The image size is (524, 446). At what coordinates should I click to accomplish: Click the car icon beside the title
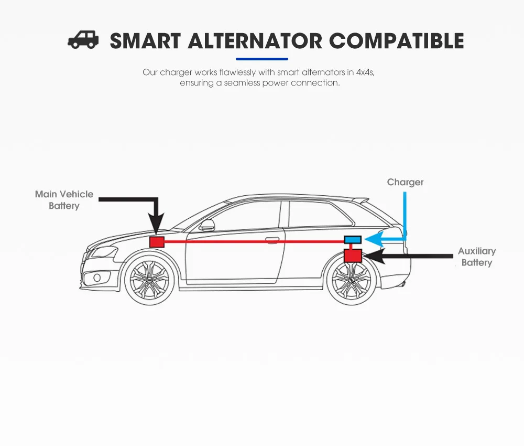[83, 40]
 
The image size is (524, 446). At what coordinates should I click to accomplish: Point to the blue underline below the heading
[261, 59]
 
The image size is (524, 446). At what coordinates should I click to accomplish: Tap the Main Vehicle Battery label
[64, 200]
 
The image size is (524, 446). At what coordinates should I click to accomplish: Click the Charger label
[405, 182]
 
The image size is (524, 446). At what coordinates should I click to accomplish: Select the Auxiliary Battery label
[476, 257]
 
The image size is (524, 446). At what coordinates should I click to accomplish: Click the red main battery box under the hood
[157, 242]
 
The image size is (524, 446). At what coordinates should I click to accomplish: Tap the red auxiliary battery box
[353, 256]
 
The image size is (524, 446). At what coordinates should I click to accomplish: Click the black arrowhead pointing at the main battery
[157, 225]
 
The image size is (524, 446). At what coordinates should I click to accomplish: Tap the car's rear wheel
[352, 280]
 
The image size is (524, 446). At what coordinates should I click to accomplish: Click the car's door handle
[272, 240]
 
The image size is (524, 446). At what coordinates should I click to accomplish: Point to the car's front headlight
[103, 251]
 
